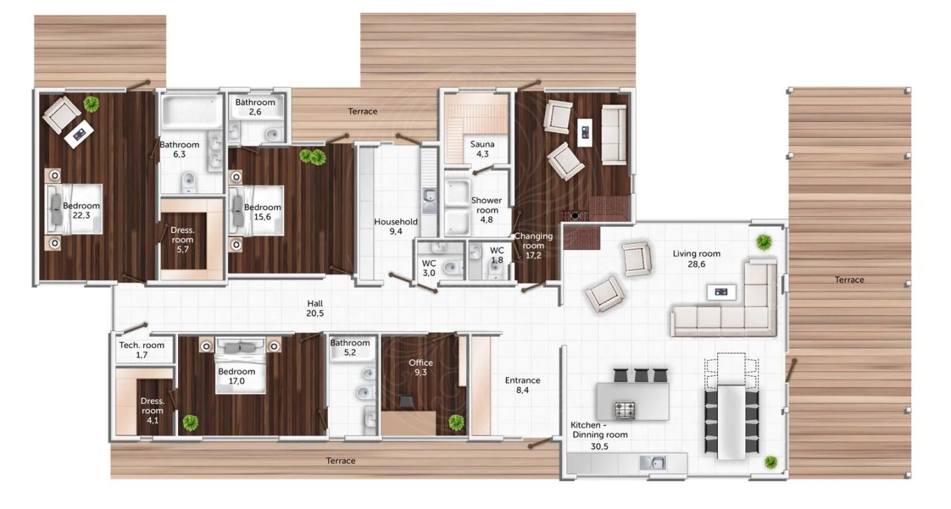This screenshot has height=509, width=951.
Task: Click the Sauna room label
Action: click(x=482, y=149)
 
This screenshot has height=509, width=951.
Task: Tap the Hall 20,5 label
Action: click(x=315, y=309)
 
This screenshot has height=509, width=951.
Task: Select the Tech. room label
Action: click(x=141, y=350)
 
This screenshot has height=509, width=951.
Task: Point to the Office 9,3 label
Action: click(x=420, y=368)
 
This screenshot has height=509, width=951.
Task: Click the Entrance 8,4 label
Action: click(x=522, y=385)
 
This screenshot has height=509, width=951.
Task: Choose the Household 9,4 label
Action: click(x=395, y=226)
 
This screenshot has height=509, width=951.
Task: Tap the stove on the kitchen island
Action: click(x=624, y=410)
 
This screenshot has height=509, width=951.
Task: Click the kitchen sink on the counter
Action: click(x=653, y=463)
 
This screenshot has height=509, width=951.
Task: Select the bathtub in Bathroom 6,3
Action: click(x=192, y=111)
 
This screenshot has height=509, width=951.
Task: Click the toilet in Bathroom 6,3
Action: click(x=187, y=182)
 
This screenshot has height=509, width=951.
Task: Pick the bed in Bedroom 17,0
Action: click(x=240, y=366)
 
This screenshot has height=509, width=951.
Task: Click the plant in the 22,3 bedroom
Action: click(x=91, y=104)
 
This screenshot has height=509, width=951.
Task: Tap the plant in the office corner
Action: click(x=456, y=423)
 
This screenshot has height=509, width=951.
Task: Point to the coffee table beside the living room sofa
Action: click(x=721, y=292)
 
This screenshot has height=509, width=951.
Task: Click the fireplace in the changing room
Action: click(x=575, y=215)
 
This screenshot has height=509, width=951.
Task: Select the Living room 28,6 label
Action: click(x=696, y=259)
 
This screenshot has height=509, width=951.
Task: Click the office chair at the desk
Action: click(x=406, y=402)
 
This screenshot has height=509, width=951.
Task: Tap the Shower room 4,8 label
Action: click(x=486, y=210)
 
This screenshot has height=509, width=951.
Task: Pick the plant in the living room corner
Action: click(x=764, y=243)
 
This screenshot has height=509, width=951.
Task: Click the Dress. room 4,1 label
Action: click(x=152, y=410)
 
